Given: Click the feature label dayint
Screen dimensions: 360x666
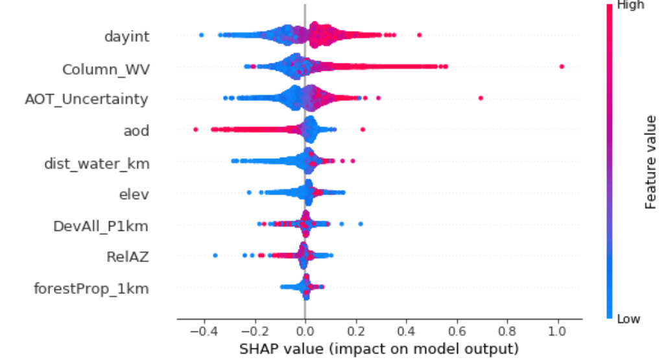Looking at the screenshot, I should click(x=127, y=36).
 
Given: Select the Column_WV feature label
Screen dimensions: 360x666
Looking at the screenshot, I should click(x=106, y=68).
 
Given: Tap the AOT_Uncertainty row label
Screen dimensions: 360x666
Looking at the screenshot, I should click(x=86, y=99).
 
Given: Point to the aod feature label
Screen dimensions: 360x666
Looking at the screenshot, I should click(x=136, y=131).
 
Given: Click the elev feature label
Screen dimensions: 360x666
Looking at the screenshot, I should click(x=134, y=193).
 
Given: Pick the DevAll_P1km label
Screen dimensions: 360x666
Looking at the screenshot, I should click(x=101, y=226).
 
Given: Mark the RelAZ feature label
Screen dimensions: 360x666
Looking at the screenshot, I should click(x=128, y=257).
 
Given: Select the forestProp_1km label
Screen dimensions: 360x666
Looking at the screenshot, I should click(x=91, y=288).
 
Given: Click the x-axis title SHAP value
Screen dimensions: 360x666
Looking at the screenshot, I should click(x=379, y=349).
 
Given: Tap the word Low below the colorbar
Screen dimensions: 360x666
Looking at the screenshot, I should click(x=630, y=319).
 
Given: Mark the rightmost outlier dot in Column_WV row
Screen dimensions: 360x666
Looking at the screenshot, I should click(x=562, y=67).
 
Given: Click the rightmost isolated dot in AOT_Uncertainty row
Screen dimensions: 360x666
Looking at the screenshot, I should click(x=481, y=98).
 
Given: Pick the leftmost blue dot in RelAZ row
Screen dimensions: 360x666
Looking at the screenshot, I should click(x=215, y=255).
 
